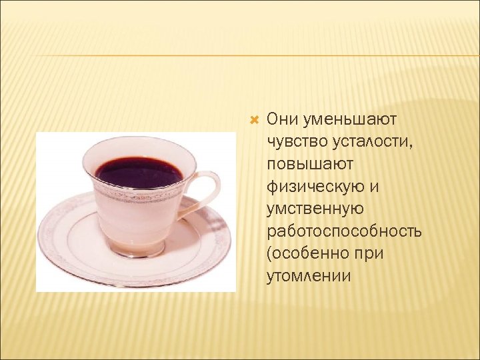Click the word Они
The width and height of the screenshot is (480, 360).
[x=281, y=119]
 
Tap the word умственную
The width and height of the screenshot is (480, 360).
[x=315, y=209]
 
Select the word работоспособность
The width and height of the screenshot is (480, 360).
[x=343, y=231]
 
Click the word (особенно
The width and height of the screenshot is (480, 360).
[x=306, y=254]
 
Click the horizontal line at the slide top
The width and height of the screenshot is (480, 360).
[x=240, y=55]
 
